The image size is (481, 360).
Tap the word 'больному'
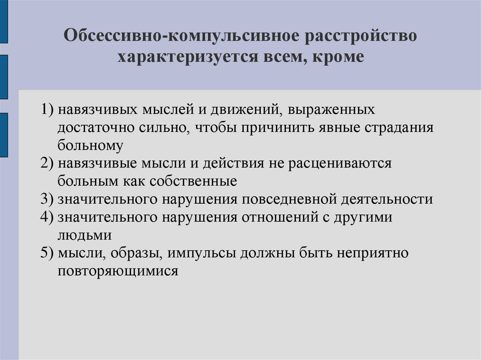tap(91, 146)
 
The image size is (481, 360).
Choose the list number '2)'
tap(48, 163)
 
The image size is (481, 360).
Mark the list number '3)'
tap(48, 199)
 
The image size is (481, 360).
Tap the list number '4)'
tap(48, 217)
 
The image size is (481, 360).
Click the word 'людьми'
tap(85, 234)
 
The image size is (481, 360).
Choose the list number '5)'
tap(48, 253)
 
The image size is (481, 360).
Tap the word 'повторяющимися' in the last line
tap(118, 271)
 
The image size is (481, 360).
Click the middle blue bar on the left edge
tap(3, 77)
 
